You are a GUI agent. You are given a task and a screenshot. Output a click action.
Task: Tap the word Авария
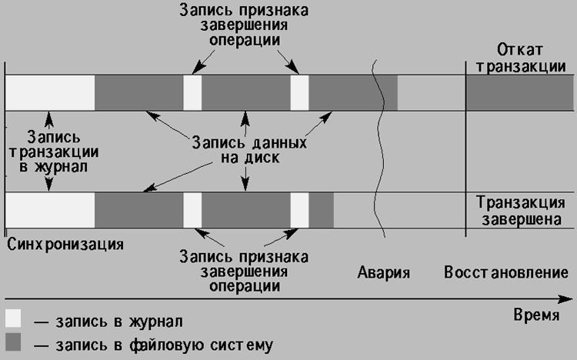[x=384, y=272]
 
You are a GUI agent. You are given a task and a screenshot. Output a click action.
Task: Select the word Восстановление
[x=505, y=272]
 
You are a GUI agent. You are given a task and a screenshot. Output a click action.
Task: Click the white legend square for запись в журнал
[x=14, y=318]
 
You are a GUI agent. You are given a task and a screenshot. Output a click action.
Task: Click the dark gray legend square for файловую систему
[x=14, y=341]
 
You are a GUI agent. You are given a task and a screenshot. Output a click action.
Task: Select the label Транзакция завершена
[x=522, y=209]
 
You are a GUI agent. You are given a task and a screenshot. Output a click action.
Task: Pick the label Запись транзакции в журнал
[x=49, y=151]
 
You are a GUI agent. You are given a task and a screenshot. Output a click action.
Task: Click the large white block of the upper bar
[x=49, y=93]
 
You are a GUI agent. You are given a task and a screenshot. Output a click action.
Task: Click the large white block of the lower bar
[x=49, y=210]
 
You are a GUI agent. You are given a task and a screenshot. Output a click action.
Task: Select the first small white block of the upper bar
[x=192, y=93]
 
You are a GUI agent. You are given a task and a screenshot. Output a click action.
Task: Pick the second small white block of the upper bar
[x=299, y=93]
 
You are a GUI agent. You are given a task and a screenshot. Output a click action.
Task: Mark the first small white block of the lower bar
[x=192, y=210]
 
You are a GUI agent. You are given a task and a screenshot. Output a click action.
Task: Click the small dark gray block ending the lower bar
[x=322, y=210]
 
